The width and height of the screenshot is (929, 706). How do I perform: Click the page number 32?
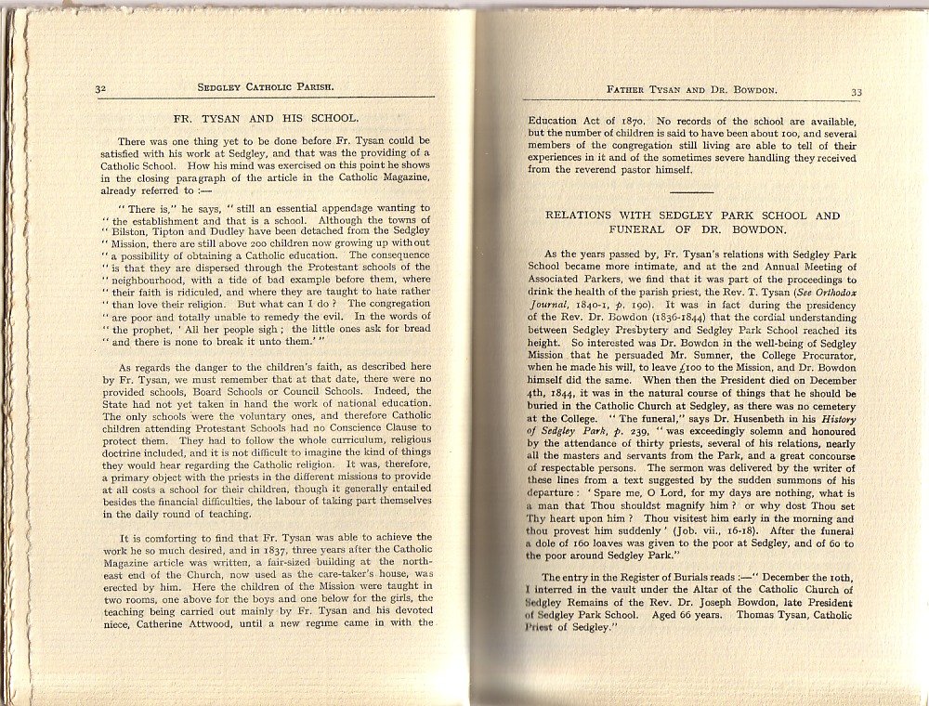point(102,88)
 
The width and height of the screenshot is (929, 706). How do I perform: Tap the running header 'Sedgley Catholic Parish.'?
point(266,88)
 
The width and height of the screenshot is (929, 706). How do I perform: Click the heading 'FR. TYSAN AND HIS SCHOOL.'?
point(266,118)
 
